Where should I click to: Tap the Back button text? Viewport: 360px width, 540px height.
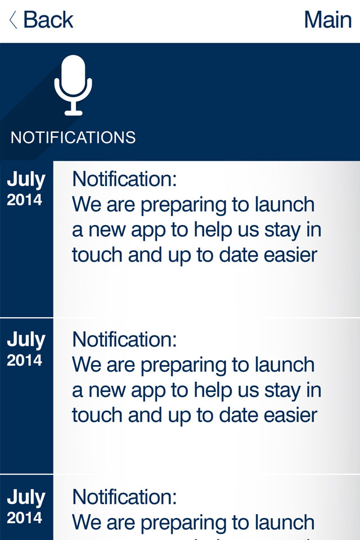48,20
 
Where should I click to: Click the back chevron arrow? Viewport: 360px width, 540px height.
13,20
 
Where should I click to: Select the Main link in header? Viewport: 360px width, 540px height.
327,20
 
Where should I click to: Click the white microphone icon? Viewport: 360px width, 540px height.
73,85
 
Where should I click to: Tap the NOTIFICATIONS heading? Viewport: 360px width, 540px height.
73,137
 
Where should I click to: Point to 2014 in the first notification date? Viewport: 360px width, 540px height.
24,200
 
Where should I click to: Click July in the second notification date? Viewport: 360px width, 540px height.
26,340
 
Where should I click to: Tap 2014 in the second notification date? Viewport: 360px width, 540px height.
24,360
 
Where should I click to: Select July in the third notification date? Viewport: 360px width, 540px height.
26,498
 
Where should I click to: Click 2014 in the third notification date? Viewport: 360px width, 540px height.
24,518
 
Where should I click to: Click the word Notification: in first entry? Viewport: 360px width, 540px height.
124,179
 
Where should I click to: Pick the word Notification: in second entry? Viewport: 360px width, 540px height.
124,340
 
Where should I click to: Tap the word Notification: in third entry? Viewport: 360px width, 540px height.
124,497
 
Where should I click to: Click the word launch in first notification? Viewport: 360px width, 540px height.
285,204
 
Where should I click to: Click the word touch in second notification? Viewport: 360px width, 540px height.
97,415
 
